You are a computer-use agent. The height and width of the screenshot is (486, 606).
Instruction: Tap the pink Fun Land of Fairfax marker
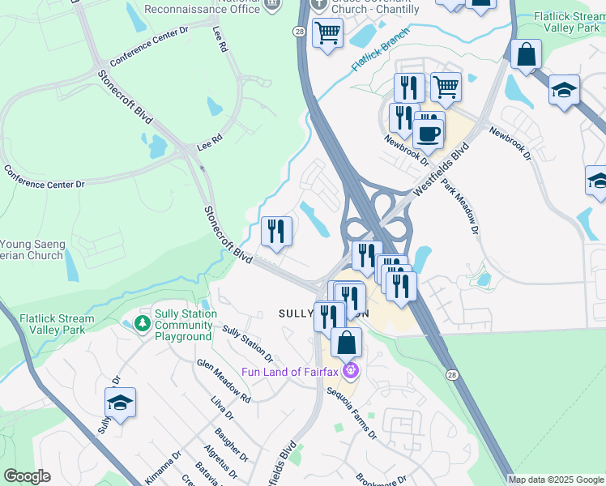[x=351, y=372]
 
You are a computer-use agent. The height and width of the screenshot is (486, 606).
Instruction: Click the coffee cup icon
[x=429, y=131]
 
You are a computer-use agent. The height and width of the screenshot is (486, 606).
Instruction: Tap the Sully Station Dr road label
[x=247, y=343]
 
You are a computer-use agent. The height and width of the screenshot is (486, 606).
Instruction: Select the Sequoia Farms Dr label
[x=352, y=412]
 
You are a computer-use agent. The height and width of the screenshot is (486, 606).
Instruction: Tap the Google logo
[x=27, y=476]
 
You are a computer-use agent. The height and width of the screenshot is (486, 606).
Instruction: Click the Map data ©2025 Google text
[x=556, y=480]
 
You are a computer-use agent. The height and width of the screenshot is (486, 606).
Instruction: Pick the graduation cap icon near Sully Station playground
[x=120, y=403]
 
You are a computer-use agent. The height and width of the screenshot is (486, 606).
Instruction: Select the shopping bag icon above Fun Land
[x=347, y=343]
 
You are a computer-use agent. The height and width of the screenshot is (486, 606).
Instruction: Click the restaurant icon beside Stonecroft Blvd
[x=276, y=232]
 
